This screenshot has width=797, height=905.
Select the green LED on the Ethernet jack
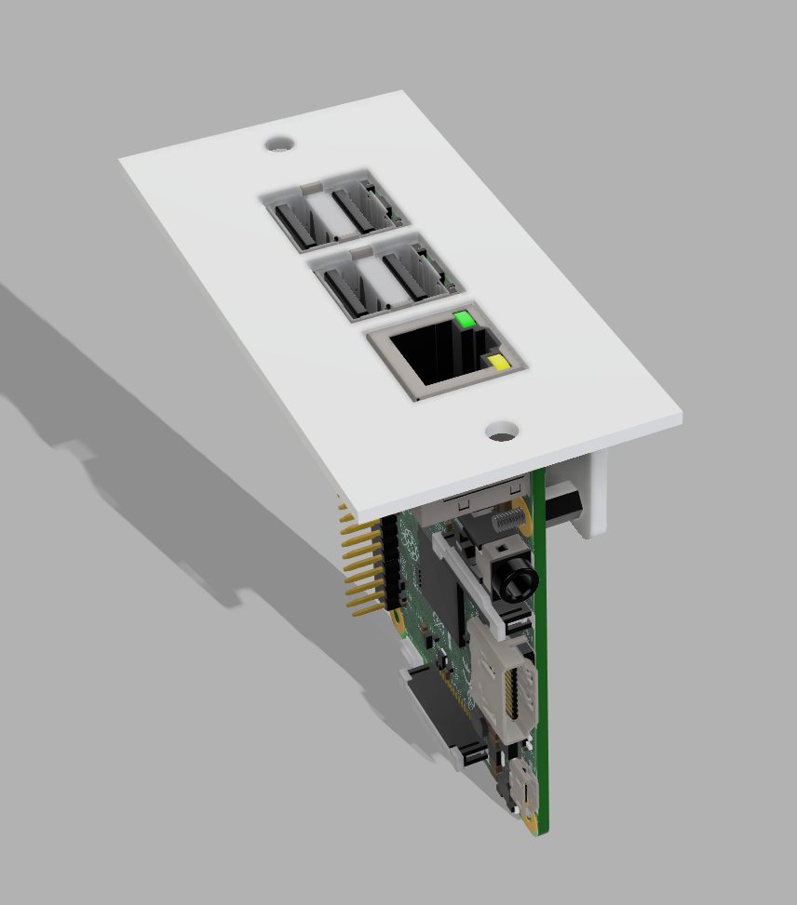(465, 322)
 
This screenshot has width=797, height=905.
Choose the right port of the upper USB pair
(355, 206)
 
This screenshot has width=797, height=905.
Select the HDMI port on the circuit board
(506, 693)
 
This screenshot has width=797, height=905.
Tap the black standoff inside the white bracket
(563, 501)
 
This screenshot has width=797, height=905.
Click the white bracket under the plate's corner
(596, 493)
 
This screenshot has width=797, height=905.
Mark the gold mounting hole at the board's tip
(530, 824)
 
